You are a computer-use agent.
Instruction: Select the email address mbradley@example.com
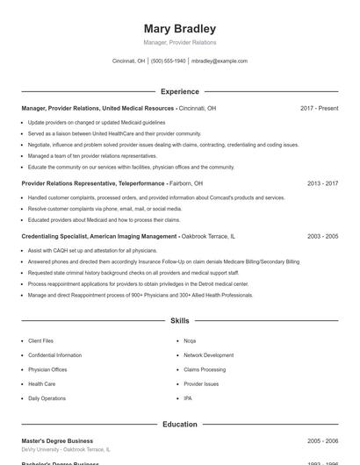[220, 61]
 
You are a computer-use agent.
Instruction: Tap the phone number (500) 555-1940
[169, 61]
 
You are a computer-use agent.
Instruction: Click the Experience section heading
[179, 91]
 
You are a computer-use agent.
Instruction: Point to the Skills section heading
[179, 321]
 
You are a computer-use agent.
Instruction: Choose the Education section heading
[179, 424]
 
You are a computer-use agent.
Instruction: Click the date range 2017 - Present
[319, 108]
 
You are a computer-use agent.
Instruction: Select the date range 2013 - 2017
[322, 183]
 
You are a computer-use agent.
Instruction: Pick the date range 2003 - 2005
[322, 236]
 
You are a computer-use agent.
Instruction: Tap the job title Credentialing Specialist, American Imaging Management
[99, 236]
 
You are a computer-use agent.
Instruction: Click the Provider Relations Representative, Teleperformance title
[93, 183]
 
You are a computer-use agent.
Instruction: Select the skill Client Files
[40, 340]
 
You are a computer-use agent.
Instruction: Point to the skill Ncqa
[190, 340]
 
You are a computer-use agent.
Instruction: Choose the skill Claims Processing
[205, 369]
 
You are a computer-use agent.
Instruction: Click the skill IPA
[188, 398]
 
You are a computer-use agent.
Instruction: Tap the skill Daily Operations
[47, 398]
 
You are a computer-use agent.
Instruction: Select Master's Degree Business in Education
[57, 440]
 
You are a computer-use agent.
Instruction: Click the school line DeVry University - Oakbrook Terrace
[66, 449]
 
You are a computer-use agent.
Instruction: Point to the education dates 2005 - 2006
[322, 440]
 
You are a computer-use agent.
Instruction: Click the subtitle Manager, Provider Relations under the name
[179, 42]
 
